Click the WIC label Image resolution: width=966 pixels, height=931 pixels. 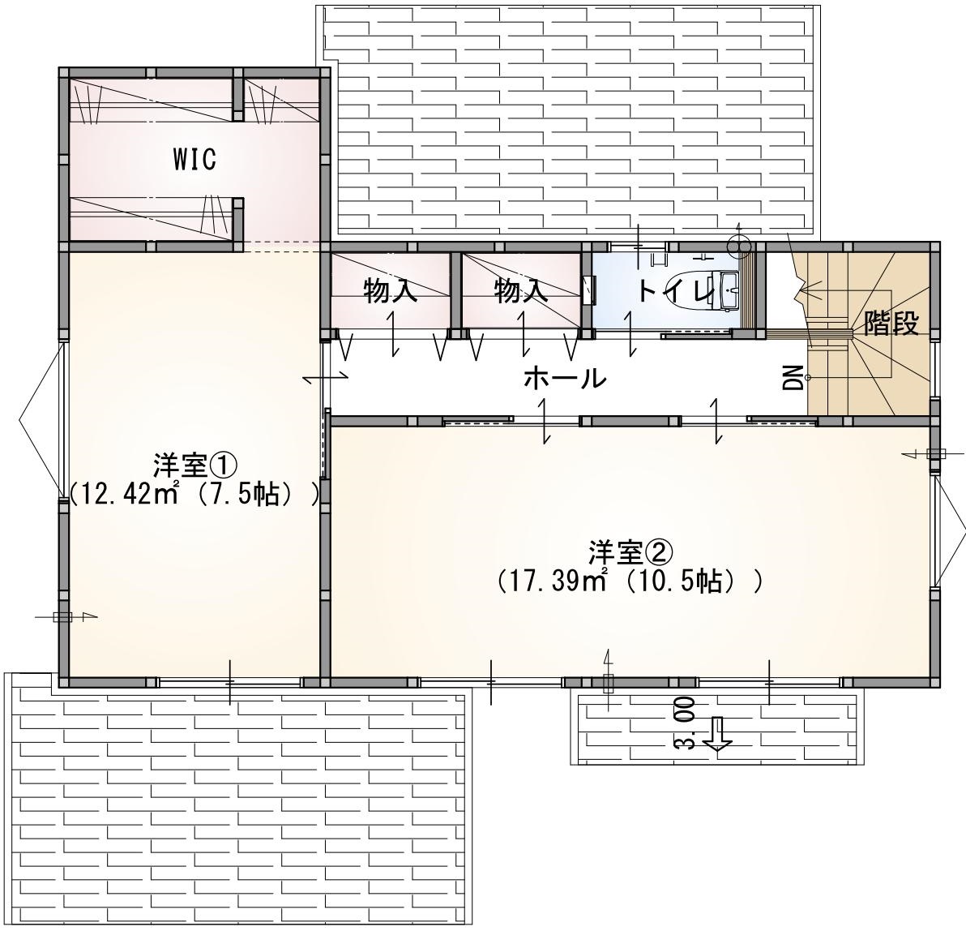(x=194, y=159)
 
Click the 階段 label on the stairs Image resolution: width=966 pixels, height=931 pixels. (x=891, y=323)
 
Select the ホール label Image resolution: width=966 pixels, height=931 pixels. (x=566, y=377)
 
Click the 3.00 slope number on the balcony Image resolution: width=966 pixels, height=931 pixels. (x=685, y=723)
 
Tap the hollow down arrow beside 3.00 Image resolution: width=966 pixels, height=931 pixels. (x=717, y=734)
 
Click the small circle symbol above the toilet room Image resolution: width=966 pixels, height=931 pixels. (x=737, y=247)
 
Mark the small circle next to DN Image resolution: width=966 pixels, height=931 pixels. (x=807, y=377)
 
